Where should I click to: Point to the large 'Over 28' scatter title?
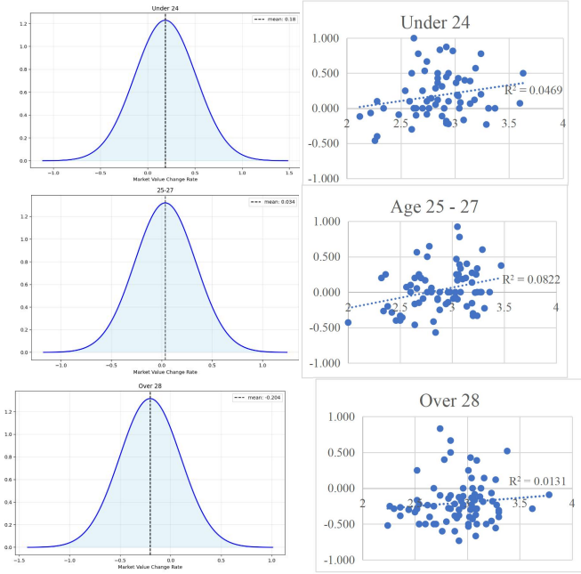click(449, 400)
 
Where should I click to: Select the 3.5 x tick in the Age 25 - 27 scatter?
click(504, 307)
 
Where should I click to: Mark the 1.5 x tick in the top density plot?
click(287, 173)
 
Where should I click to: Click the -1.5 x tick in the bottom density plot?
click(18, 558)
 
